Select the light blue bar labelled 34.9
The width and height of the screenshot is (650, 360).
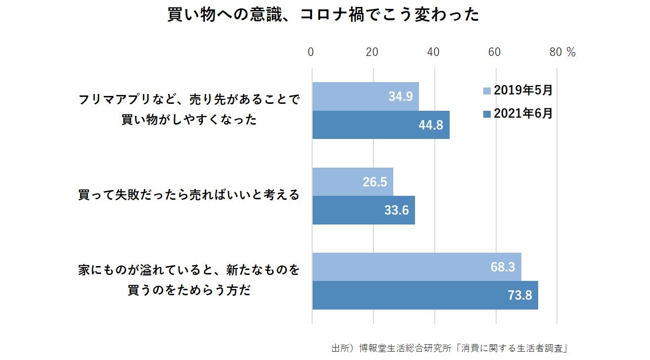click(366, 96)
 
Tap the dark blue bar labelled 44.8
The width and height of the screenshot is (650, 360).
click(381, 125)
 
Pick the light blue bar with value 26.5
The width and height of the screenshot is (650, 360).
click(353, 182)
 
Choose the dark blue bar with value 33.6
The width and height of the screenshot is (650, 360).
click(364, 210)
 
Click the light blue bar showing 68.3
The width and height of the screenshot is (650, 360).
click(417, 267)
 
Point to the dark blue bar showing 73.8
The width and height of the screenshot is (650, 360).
click(425, 295)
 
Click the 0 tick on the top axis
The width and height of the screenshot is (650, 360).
click(311, 52)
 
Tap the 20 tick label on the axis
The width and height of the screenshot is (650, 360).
click(372, 52)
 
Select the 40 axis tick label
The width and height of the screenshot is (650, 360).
click(434, 52)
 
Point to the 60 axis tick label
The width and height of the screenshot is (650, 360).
click(495, 52)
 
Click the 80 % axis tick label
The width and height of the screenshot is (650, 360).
click(562, 52)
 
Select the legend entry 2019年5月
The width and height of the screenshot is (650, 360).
click(523, 90)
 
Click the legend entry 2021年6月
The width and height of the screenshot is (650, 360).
click(523, 114)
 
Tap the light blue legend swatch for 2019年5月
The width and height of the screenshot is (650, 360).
click(487, 91)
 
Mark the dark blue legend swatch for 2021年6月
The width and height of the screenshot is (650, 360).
click(487, 114)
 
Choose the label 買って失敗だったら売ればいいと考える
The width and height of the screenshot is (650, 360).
click(189, 195)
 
